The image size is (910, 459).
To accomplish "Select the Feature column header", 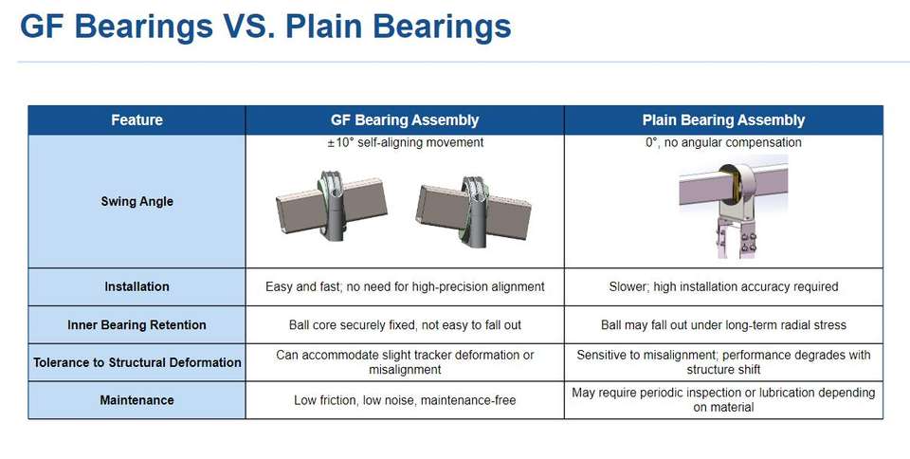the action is [136, 120].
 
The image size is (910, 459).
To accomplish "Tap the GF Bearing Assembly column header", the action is [405, 120].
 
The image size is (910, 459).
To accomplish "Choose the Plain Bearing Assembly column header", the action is [723, 120].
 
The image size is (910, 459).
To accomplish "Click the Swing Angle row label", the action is [136, 201].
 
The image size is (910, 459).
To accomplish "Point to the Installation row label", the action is [136, 286].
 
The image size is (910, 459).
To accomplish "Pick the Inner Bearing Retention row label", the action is [136, 325].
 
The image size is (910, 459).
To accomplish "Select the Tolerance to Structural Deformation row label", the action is [136, 362].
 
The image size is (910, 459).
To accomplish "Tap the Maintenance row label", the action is [136, 400].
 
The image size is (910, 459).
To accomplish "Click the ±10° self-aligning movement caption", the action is [405, 143].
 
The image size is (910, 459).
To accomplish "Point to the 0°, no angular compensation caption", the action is [723, 143].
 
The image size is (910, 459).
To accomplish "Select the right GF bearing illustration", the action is [474, 211].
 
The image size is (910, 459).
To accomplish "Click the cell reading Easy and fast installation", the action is [405, 286].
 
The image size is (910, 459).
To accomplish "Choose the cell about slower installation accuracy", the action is [723, 286].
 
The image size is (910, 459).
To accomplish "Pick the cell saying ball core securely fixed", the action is [405, 325].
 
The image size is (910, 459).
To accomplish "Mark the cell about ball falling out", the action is [723, 325].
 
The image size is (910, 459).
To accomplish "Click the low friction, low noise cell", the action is [405, 400].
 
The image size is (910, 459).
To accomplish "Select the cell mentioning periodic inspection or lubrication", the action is [723, 400].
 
